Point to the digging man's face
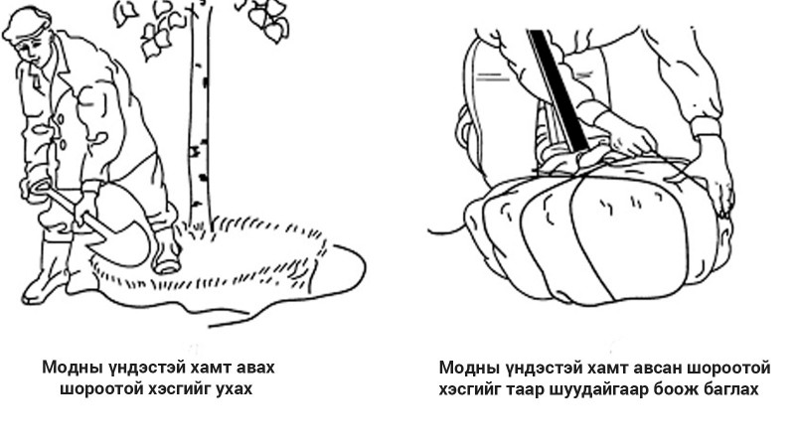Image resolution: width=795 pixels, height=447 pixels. (32, 51)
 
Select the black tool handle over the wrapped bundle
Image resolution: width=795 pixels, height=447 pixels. (558, 89)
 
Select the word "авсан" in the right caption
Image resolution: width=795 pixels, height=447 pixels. (656, 368)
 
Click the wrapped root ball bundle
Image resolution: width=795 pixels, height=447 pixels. (598, 233)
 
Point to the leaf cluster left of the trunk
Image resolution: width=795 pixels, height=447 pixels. (157, 28)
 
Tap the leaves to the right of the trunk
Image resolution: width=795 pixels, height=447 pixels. (266, 19)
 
